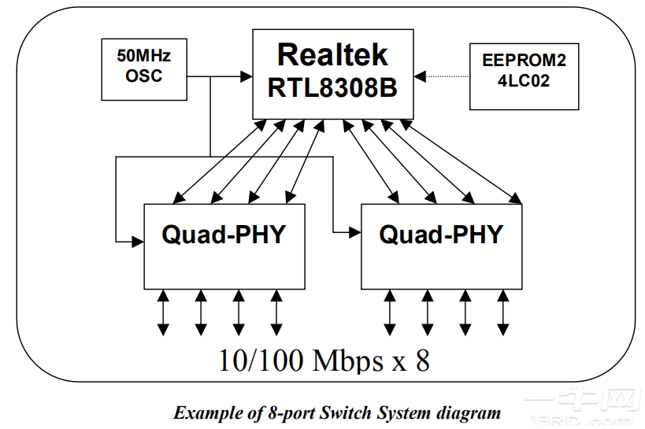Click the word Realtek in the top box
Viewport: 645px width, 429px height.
click(x=332, y=54)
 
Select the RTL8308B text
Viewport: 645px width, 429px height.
click(x=332, y=87)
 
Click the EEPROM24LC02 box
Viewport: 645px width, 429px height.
click(x=524, y=76)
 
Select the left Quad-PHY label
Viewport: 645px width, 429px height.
click(x=223, y=234)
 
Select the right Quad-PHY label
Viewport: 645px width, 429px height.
click(x=440, y=234)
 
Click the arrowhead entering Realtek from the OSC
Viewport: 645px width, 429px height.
click(x=246, y=76)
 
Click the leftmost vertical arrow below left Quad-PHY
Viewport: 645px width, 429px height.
click(x=163, y=313)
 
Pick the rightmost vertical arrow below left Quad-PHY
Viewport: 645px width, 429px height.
click(x=276, y=313)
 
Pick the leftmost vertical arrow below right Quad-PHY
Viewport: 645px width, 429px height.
click(x=390, y=313)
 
